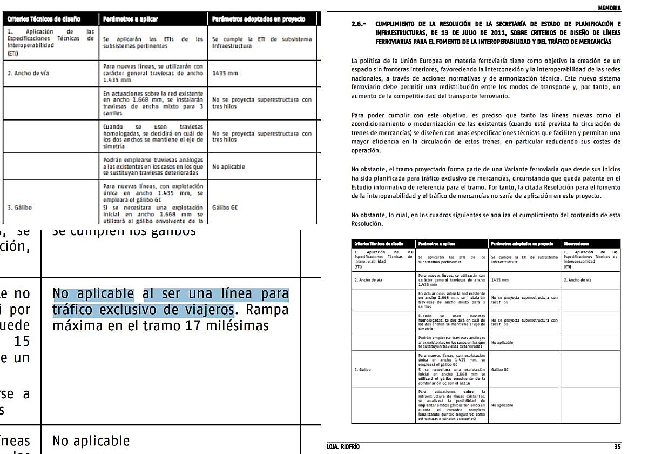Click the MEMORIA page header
[609, 8]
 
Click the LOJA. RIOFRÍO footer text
[343, 447]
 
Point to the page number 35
[617, 447]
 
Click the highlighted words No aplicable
[93, 295]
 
